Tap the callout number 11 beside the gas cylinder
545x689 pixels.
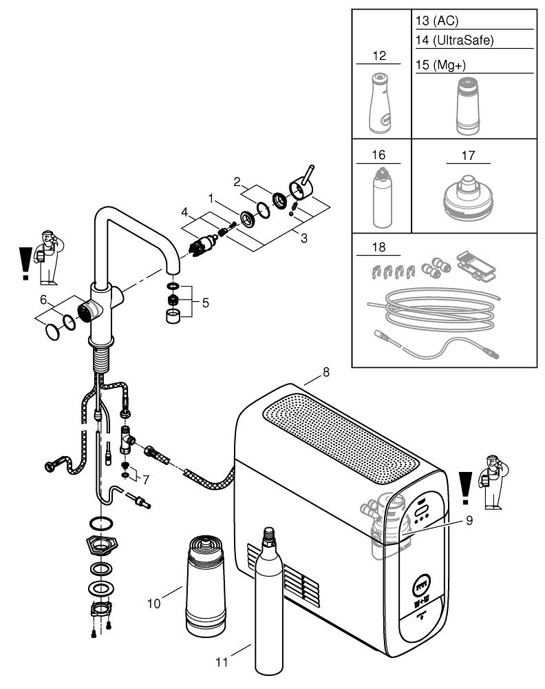coord(221,663)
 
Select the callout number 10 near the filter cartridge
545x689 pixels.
coord(154,602)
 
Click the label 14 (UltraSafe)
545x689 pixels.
coord(455,41)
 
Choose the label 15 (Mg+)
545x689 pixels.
coord(441,64)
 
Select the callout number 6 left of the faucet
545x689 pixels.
coord(43,300)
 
